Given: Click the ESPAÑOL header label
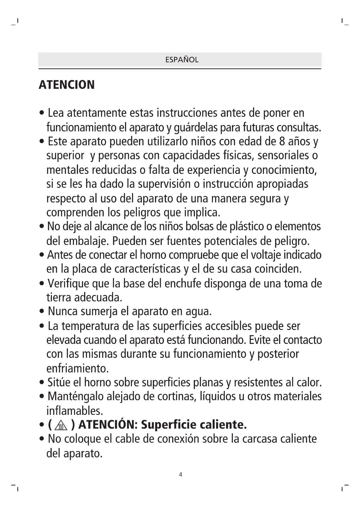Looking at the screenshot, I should (182, 60).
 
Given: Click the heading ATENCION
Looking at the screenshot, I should (67, 85).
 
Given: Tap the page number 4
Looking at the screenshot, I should (180, 475).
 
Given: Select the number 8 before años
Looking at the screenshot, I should (282, 141).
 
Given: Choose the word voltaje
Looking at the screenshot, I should (266, 255).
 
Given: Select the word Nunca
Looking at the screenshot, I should (63, 311).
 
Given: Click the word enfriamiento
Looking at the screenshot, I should (77, 369).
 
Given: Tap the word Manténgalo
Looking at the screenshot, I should (75, 396).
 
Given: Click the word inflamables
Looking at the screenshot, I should (75, 411).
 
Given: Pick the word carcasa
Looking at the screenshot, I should (260, 439).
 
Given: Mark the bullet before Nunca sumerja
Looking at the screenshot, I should (42, 312).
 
